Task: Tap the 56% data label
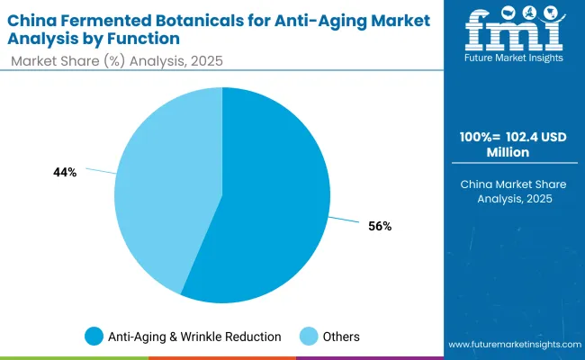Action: tap(380, 226)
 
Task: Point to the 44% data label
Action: tap(65, 172)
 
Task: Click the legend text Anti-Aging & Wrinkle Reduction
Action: tap(195, 337)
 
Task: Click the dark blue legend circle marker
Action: tap(94, 337)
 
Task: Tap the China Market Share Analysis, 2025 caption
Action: tap(514, 192)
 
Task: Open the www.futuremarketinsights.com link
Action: tap(514, 345)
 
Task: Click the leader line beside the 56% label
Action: tap(346, 220)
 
